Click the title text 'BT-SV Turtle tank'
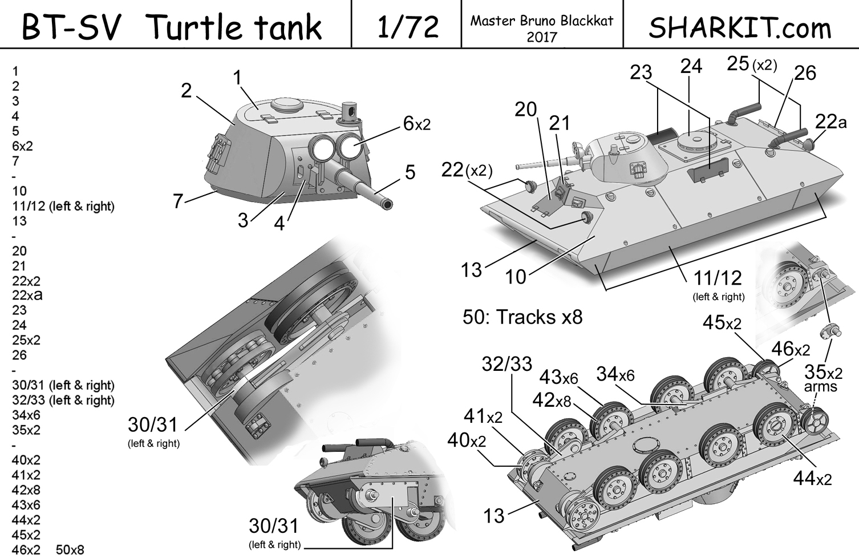172,27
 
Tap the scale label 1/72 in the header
407,27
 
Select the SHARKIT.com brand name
740,27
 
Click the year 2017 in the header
541,37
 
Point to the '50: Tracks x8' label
522,317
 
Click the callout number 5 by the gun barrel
410,172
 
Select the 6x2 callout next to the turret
416,123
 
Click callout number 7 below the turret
178,201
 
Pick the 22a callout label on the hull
830,122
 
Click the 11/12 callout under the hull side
718,278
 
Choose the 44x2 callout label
812,478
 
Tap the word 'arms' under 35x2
820,387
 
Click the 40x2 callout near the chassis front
467,440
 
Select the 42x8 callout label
551,400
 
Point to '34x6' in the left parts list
26,415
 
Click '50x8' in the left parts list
70,549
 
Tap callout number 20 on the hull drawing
525,109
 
